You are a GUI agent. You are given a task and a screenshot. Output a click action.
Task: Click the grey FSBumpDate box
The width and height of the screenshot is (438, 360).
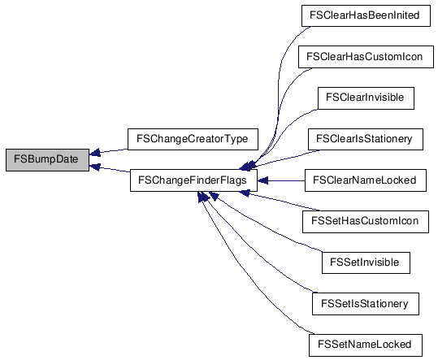click(47, 160)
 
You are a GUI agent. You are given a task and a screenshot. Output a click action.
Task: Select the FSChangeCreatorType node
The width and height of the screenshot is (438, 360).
click(193, 139)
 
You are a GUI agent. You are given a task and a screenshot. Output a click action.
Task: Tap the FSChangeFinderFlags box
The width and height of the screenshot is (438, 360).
click(193, 180)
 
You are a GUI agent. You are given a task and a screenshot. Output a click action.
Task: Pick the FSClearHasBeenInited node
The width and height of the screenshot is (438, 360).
click(366, 15)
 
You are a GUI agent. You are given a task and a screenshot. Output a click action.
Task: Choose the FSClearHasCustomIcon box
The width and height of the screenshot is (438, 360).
click(366, 57)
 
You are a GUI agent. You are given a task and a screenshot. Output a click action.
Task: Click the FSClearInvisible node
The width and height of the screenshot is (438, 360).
click(366, 98)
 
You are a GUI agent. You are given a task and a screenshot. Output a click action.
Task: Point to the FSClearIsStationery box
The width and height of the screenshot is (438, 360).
click(366, 139)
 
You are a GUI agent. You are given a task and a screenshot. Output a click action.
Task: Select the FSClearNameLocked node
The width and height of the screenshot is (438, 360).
click(366, 180)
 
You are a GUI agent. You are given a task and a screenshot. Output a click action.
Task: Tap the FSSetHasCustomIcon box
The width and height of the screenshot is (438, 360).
click(366, 222)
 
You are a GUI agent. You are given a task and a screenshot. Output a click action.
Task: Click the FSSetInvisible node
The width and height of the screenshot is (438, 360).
click(366, 262)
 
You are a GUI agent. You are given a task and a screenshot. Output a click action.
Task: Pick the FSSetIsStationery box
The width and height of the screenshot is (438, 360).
click(366, 304)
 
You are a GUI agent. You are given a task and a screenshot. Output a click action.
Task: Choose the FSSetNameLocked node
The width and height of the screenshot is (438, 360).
click(366, 345)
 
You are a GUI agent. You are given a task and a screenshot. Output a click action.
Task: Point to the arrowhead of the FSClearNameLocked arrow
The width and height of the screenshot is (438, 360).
click(262, 180)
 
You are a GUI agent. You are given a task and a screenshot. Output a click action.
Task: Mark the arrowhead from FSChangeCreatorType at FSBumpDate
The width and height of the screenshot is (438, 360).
click(95, 153)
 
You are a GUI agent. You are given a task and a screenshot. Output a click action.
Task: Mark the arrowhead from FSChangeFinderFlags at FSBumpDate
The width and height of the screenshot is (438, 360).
click(95, 167)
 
